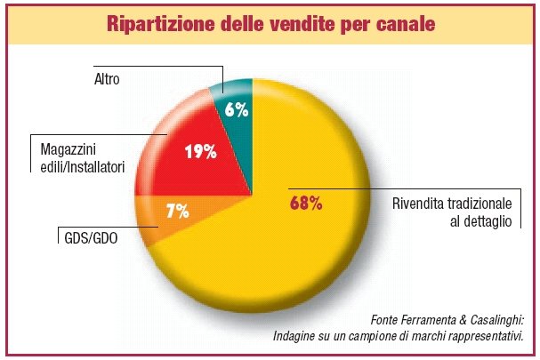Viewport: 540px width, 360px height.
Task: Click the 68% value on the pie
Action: click(x=305, y=204)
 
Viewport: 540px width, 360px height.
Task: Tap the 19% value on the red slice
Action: click(x=200, y=151)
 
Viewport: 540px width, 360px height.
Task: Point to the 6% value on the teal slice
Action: click(x=235, y=110)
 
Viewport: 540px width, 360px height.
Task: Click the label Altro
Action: click(x=108, y=79)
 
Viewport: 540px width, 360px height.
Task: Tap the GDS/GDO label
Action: click(x=92, y=237)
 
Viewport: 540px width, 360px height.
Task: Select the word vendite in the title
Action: click(x=286, y=24)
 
